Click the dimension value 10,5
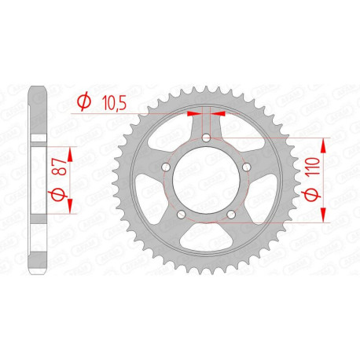113,101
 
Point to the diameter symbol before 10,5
83,101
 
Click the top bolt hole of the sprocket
206,138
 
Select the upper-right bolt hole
246,167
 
